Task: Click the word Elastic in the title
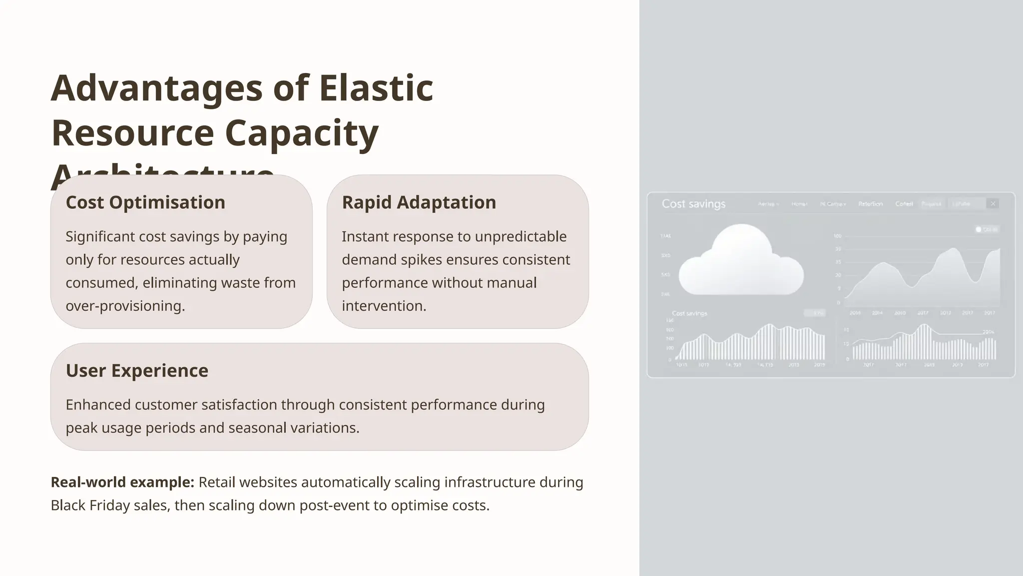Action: click(376, 88)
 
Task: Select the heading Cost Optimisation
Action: click(145, 202)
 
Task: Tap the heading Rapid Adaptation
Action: click(419, 202)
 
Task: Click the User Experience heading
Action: click(137, 370)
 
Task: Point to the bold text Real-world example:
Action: click(122, 482)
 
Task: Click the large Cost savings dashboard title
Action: click(693, 204)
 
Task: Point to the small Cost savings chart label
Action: click(689, 313)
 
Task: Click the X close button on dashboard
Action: click(993, 203)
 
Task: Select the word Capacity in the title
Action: click(301, 133)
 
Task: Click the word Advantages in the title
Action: click(156, 88)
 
